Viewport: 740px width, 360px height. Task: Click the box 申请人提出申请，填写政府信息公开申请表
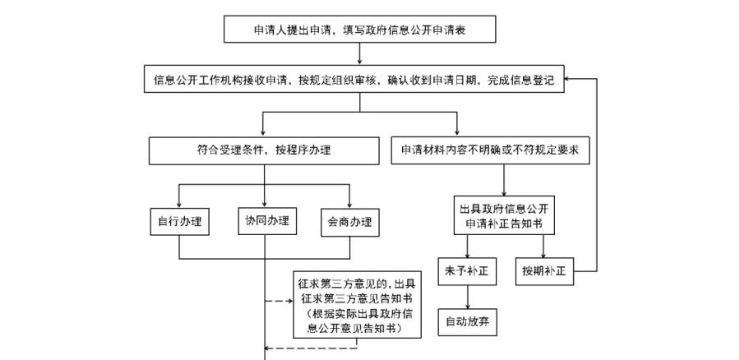click(361, 30)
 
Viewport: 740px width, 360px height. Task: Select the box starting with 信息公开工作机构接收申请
click(353, 81)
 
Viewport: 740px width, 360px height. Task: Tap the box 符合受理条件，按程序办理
click(263, 151)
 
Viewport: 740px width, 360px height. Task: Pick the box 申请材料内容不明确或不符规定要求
click(490, 151)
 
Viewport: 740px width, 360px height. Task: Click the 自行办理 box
click(179, 222)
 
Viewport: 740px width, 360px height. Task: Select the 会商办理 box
click(349, 222)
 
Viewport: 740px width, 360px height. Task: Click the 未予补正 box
click(468, 270)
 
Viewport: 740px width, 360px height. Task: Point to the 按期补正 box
click(544, 270)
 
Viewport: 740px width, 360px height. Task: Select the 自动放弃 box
click(468, 320)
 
